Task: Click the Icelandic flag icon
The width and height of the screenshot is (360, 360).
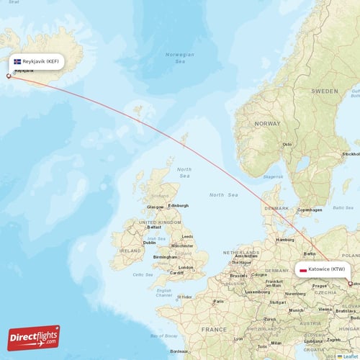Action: point(17,61)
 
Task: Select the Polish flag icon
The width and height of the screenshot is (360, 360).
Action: point(302,270)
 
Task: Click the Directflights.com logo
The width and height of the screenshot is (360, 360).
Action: point(34,338)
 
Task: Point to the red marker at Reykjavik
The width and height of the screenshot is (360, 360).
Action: point(9,76)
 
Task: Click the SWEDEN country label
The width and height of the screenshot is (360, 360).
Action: point(324,92)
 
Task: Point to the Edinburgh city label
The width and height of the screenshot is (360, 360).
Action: point(178,206)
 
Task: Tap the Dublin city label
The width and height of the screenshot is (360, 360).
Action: point(150,243)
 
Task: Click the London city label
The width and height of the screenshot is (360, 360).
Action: point(186,267)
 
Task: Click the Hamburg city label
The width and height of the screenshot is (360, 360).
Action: point(285,239)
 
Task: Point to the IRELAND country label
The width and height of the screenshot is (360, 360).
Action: point(130,251)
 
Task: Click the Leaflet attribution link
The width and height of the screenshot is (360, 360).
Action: point(351,356)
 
